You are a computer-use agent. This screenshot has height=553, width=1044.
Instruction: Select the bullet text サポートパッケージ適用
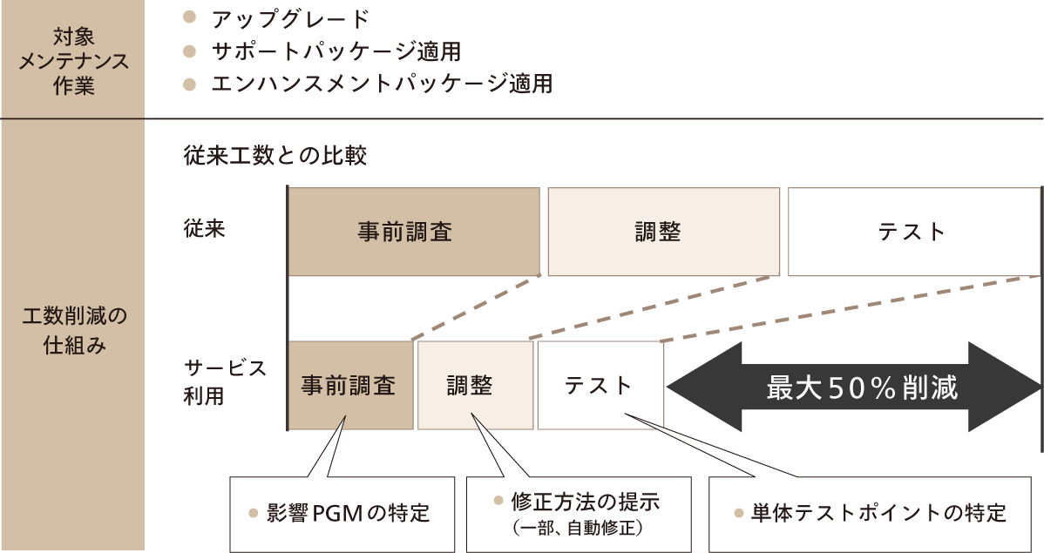click(x=336, y=51)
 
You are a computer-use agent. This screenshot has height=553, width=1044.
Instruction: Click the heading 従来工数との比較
click(x=275, y=156)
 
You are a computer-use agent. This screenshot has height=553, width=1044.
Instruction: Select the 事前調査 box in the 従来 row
click(x=415, y=232)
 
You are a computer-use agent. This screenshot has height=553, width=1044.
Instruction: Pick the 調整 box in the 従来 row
click(x=663, y=232)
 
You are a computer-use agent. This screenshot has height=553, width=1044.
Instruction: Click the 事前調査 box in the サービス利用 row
click(x=349, y=385)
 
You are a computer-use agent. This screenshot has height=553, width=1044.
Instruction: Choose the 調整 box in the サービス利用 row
click(x=475, y=385)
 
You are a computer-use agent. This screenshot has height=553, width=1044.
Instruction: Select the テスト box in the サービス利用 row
click(x=600, y=385)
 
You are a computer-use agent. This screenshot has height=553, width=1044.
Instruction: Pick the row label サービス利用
click(x=225, y=381)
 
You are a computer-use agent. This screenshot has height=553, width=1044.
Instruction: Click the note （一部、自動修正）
click(x=579, y=528)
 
